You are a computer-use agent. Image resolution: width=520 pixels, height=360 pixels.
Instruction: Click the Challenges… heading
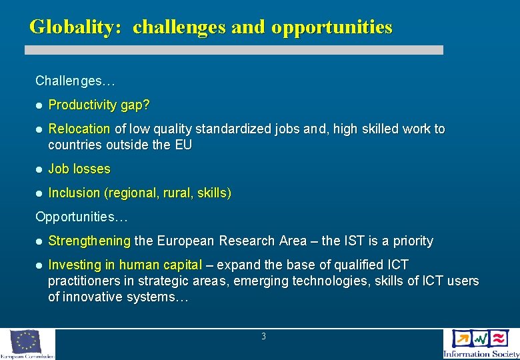click(x=75, y=81)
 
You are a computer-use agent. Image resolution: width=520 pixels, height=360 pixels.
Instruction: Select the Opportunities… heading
click(x=81, y=217)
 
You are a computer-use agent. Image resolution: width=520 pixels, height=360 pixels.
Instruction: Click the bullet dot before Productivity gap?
click(x=39, y=105)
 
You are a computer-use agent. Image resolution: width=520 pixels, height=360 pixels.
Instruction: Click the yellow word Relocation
click(x=79, y=129)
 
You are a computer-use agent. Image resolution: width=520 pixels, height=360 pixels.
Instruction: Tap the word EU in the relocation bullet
click(x=183, y=145)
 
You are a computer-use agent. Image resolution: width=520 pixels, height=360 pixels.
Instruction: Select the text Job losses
click(x=79, y=169)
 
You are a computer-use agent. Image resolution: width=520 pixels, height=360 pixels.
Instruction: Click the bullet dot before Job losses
click(x=39, y=169)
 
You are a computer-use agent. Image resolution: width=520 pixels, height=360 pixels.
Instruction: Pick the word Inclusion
click(x=74, y=193)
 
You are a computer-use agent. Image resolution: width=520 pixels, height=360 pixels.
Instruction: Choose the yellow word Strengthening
click(x=89, y=241)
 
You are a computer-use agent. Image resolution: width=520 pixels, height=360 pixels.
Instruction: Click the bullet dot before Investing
click(x=39, y=265)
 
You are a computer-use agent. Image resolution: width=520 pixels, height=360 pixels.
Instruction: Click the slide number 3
click(x=263, y=337)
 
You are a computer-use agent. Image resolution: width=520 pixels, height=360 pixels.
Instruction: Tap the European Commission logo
click(x=27, y=344)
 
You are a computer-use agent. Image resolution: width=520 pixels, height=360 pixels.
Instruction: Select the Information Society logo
click(x=480, y=344)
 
